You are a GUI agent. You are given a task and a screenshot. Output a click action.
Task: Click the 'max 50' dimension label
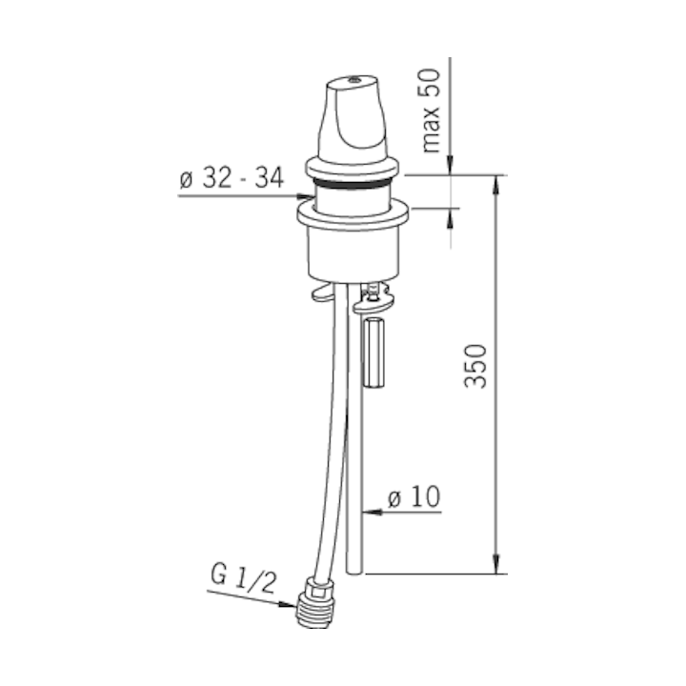pyautogui.click(x=431, y=111)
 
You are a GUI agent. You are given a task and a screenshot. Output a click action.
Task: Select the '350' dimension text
pyautogui.click(x=475, y=367)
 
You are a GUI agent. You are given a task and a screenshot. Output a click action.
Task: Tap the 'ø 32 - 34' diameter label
pyautogui.click(x=232, y=178)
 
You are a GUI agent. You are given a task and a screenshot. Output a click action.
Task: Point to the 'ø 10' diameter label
pyautogui.click(x=414, y=497)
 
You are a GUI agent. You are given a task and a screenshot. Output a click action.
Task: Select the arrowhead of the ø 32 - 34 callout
pyautogui.click(x=305, y=196)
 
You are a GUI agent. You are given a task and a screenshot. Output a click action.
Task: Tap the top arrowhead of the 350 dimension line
pyautogui.click(x=495, y=185)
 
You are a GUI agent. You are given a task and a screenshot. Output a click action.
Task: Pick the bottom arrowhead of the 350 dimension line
pyautogui.click(x=495, y=564)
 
